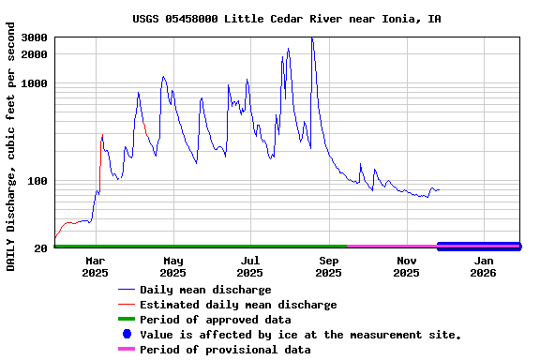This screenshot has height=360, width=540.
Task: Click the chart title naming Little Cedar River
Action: tap(286, 19)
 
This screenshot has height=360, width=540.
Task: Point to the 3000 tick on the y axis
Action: tap(36, 37)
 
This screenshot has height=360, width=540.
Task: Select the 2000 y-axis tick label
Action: tap(36, 54)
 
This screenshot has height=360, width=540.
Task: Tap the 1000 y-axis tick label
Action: tap(36, 83)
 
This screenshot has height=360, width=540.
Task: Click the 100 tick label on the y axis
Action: tap(38, 181)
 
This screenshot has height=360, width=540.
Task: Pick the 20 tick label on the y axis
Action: tap(41, 248)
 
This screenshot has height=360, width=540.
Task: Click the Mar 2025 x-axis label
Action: tap(95, 266)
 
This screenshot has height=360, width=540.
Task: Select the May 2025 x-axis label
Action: tap(172, 266)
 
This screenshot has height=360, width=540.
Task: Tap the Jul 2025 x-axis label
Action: tap(250, 266)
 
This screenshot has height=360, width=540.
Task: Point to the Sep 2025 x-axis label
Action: tap(328, 266)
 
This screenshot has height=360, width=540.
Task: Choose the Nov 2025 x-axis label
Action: tap(406, 266)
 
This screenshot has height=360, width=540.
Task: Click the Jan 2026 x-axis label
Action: tap(483, 266)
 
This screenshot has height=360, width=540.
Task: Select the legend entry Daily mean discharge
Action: tap(205, 290)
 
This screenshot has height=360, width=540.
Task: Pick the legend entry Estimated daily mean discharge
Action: tap(238, 305)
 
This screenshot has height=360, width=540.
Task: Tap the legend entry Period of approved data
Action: tap(215, 320)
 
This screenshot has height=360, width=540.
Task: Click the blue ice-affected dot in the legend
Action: tap(127, 335)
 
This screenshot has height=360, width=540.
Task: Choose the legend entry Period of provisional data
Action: tap(225, 350)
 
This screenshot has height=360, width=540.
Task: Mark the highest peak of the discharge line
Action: tap(311, 38)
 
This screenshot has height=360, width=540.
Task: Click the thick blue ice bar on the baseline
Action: tap(478, 247)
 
